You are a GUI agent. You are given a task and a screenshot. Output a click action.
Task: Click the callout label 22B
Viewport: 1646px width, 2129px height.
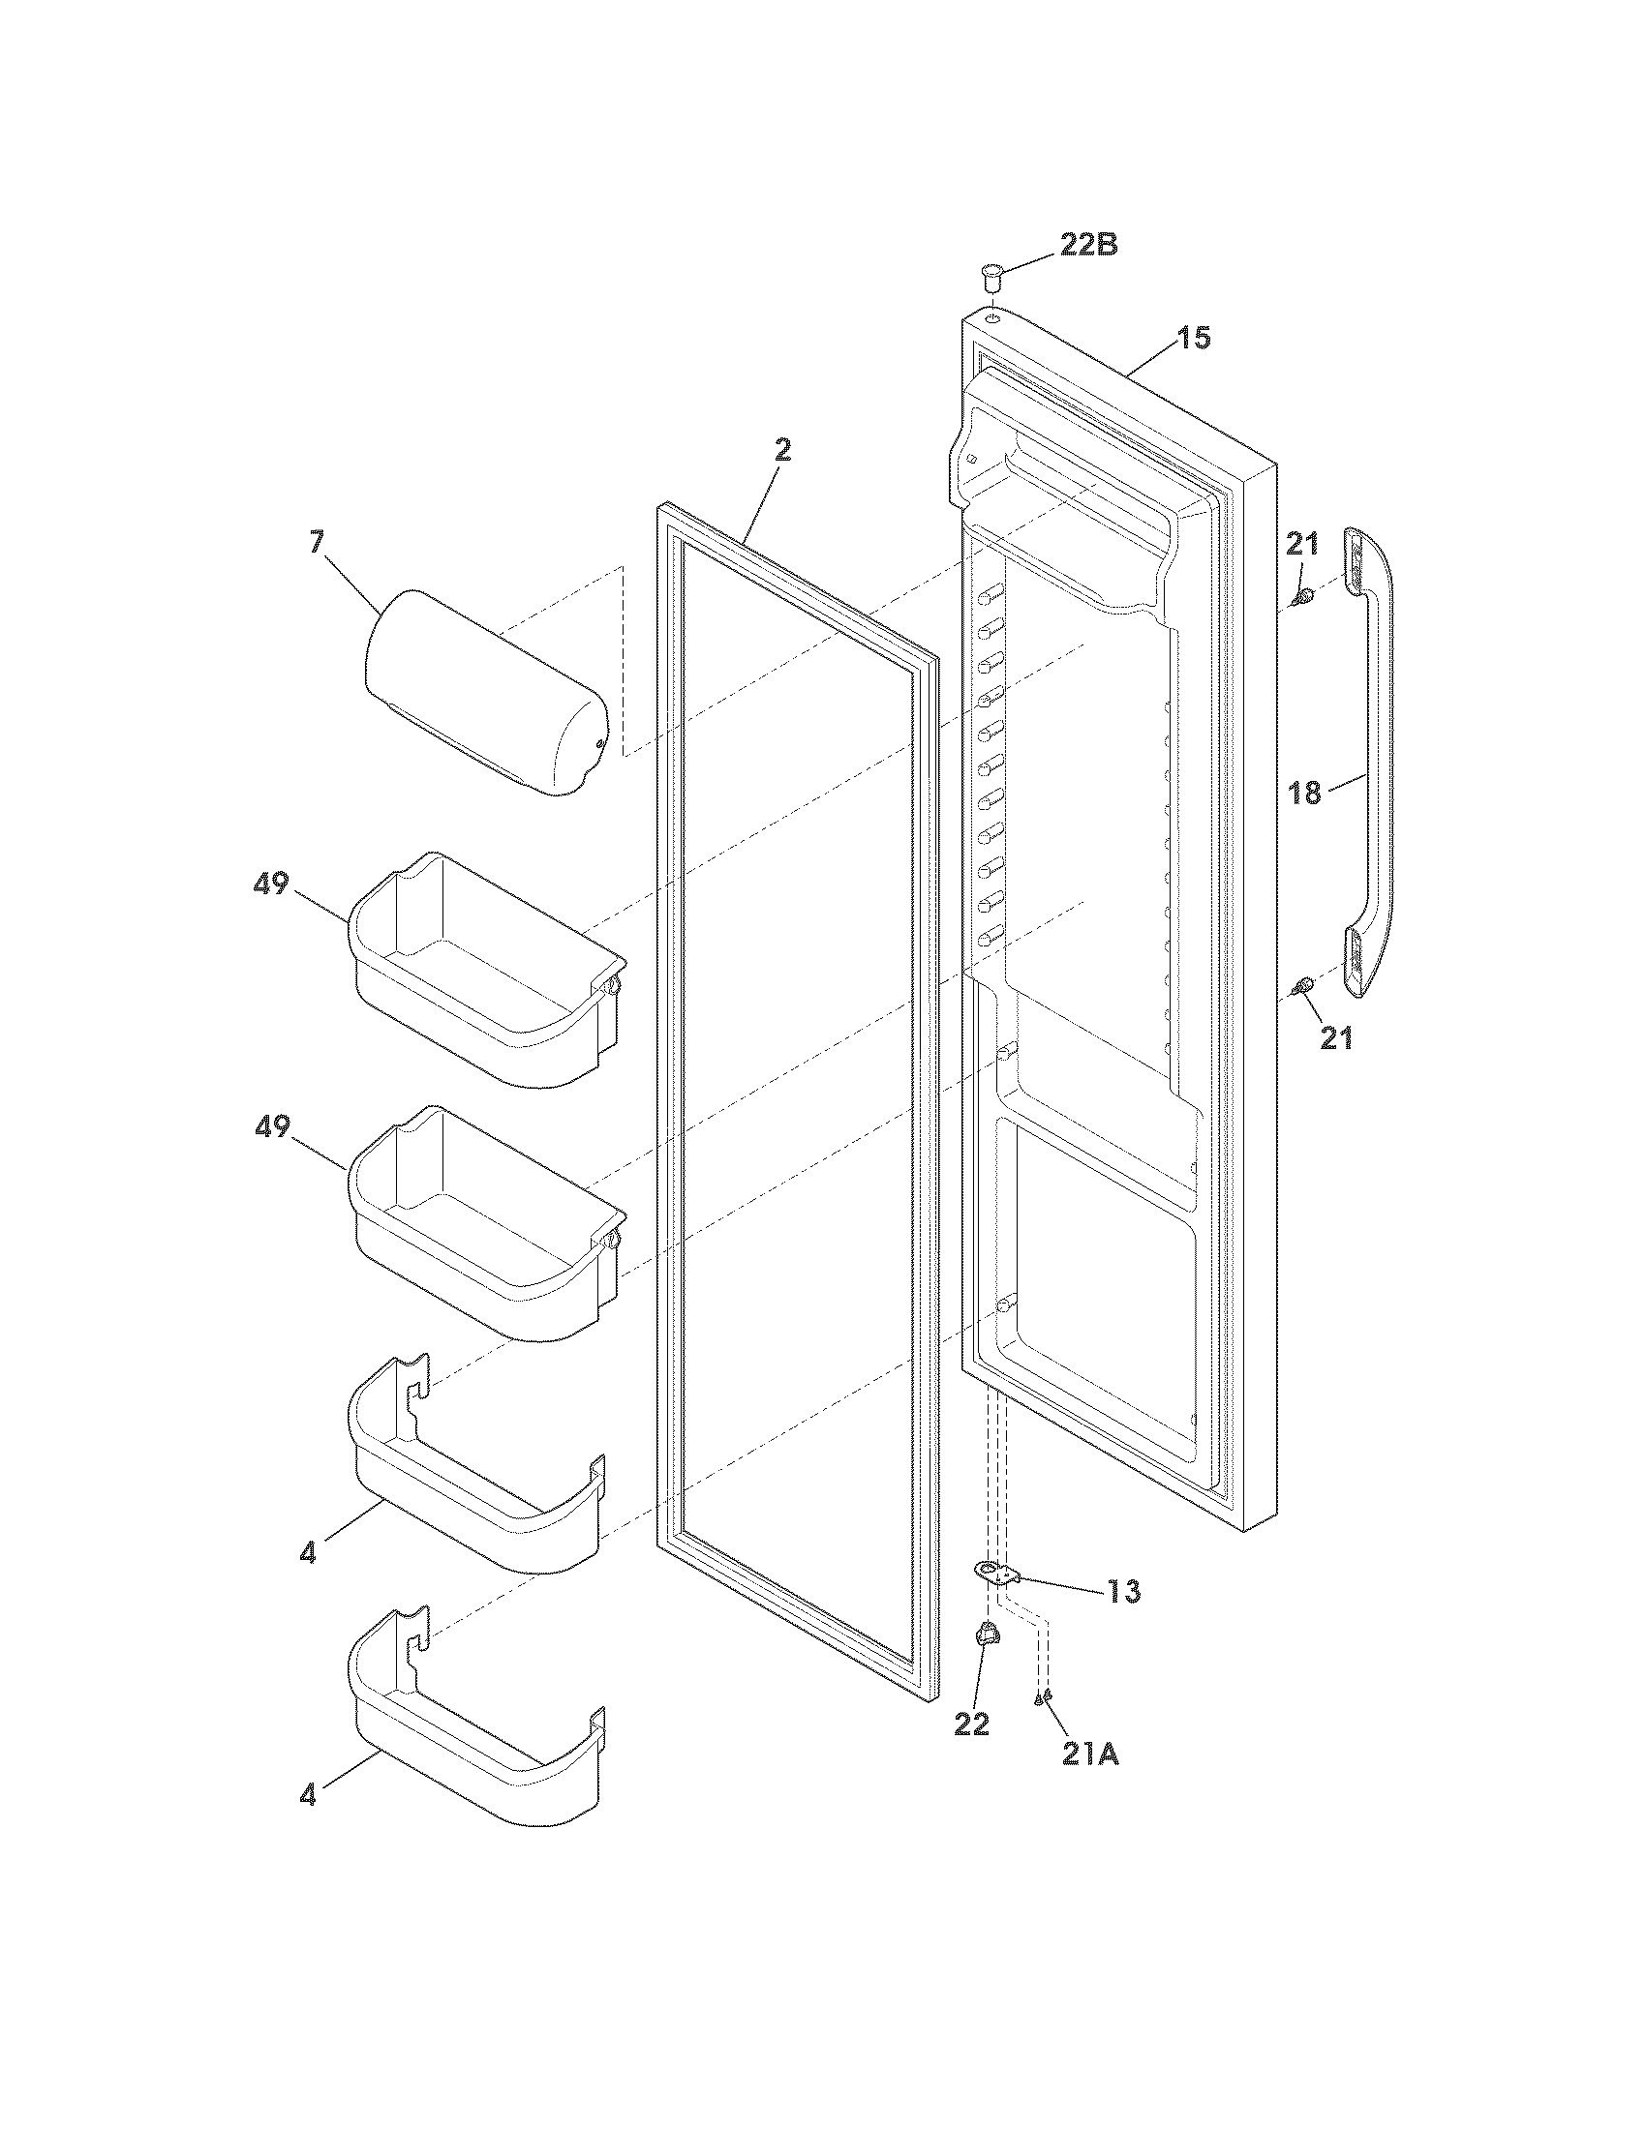[x=1088, y=245]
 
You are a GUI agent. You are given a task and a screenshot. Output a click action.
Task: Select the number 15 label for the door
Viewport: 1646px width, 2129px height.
[x=1192, y=339]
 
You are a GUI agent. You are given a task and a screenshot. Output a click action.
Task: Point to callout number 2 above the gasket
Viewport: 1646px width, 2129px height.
[x=782, y=450]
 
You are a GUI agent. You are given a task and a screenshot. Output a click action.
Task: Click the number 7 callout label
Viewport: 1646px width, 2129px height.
[x=317, y=542]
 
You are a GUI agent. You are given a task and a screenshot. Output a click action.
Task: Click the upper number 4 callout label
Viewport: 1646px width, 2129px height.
[x=308, y=1554]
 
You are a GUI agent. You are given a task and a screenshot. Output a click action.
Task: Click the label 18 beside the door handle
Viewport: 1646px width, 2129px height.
[x=1305, y=794]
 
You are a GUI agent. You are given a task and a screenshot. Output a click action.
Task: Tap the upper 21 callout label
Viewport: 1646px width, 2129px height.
[x=1300, y=543]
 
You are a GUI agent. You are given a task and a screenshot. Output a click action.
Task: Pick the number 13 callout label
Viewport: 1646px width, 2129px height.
[x=1122, y=1592]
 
